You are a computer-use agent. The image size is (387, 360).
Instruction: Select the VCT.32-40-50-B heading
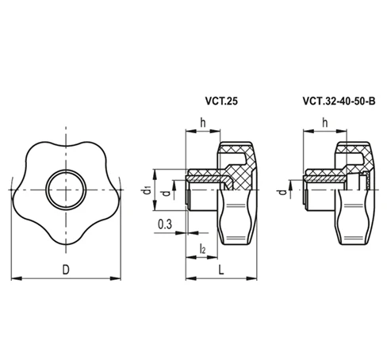tap(331, 101)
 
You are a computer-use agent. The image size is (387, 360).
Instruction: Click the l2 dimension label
tap(203, 250)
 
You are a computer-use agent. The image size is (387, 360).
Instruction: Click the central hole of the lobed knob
tap(66, 191)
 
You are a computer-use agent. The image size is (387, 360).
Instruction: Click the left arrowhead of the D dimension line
tap(17, 278)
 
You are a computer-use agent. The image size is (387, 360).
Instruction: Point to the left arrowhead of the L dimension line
tap(188, 278)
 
